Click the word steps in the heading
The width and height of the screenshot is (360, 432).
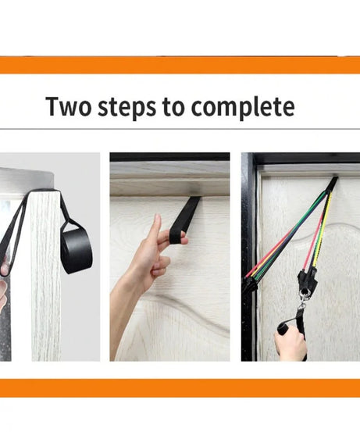click(127, 106)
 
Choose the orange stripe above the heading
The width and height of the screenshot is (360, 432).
click(180, 66)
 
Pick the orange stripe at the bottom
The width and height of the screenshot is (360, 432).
click(180, 388)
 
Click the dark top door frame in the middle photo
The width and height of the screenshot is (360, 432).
click(169, 157)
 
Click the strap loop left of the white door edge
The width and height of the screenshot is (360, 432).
click(16, 234)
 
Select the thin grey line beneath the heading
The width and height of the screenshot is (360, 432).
click(180, 129)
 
